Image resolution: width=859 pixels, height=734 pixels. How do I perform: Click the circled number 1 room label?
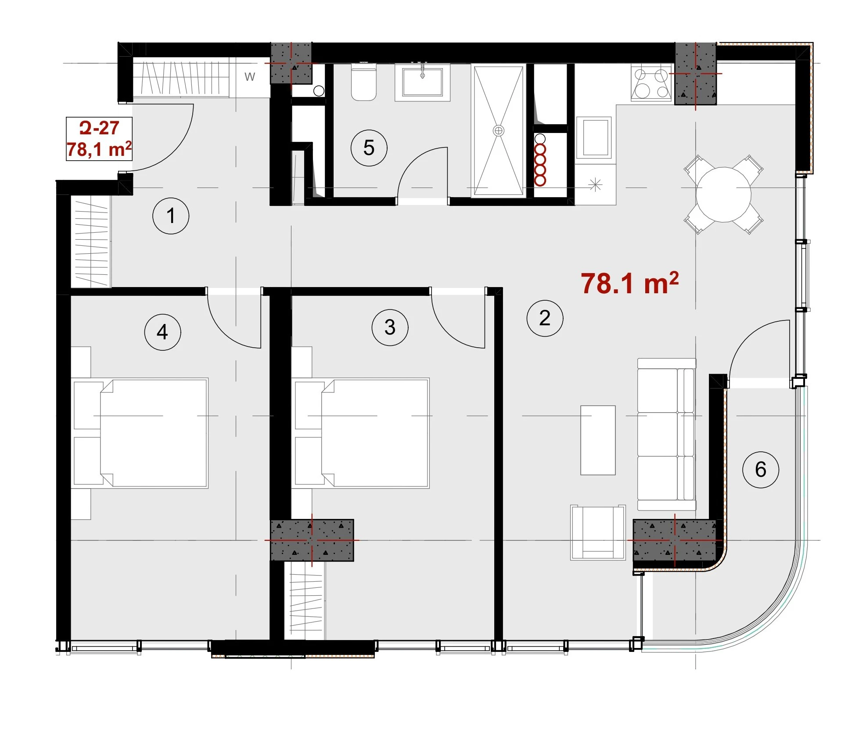171,216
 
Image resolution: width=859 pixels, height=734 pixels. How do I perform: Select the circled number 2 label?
545,318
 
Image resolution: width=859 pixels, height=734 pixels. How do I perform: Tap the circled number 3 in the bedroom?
390,327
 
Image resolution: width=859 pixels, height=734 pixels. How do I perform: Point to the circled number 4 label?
162,332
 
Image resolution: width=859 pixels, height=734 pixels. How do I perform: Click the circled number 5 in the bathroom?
369,148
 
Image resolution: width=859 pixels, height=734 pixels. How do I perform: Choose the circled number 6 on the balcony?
761,470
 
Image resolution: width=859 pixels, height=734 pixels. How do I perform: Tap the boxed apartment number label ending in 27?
99,139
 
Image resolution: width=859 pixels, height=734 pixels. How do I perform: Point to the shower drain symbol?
499,131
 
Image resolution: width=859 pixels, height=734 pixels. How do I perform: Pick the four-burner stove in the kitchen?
652,83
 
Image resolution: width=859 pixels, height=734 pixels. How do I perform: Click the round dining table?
723,194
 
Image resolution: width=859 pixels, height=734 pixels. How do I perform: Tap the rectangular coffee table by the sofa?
598,440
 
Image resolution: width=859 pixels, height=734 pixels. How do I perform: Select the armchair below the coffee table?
598,533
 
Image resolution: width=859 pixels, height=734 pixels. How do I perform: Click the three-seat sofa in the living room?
666,434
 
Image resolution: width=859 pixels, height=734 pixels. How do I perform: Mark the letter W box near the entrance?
249,77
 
